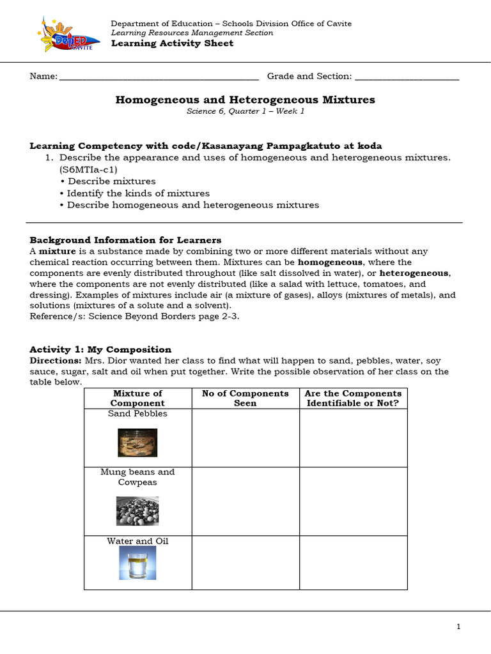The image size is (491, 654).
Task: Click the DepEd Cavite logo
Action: (64, 35)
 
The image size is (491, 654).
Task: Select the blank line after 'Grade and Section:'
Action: (407, 77)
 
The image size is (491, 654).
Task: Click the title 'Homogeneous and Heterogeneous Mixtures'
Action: (245, 100)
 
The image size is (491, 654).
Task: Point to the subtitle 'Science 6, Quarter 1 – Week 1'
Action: (245, 111)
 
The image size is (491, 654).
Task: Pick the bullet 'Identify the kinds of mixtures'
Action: (138, 193)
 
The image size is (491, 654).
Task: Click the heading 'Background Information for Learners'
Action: (125, 240)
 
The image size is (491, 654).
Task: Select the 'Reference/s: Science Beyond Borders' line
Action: (134, 317)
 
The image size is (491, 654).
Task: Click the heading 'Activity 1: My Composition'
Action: (100, 349)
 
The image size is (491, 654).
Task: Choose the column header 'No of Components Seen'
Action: (245, 398)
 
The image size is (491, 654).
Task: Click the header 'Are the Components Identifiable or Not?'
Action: (353, 398)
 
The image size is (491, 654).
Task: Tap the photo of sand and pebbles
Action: (137, 443)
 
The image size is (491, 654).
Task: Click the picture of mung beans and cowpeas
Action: (137, 510)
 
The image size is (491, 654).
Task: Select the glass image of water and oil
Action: (137, 566)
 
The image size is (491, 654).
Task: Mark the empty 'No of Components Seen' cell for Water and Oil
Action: (245, 562)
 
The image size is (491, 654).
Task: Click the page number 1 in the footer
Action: (458, 627)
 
